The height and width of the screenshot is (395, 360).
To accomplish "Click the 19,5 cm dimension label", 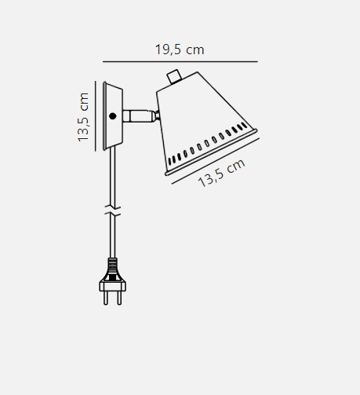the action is pyautogui.click(x=180, y=49).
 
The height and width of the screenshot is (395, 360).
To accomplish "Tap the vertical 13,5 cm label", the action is pyautogui.click(x=83, y=117).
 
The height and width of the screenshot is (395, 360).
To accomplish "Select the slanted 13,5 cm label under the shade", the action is pyautogui.click(x=222, y=173).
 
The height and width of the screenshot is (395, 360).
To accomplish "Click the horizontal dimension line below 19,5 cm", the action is pyautogui.click(x=180, y=62).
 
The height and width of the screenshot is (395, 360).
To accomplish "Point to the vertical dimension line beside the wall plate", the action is pyautogui.click(x=96, y=116).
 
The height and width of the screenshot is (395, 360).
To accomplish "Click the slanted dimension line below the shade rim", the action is pyautogui.click(x=216, y=161).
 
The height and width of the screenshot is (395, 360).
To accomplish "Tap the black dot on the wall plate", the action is pyautogui.click(x=113, y=116).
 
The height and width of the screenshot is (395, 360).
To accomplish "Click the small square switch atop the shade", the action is pyautogui.click(x=174, y=76).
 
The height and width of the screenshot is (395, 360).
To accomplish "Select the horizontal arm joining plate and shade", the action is pyautogui.click(x=139, y=116).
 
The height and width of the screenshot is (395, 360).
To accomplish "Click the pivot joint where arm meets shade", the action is pyautogui.click(x=157, y=115).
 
